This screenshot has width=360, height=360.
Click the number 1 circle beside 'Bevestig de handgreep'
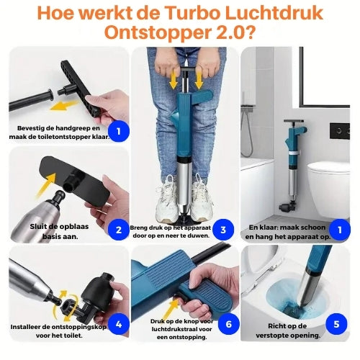[119, 131]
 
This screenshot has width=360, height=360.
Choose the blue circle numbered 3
[223, 230]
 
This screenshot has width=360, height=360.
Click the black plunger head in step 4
[86, 288]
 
